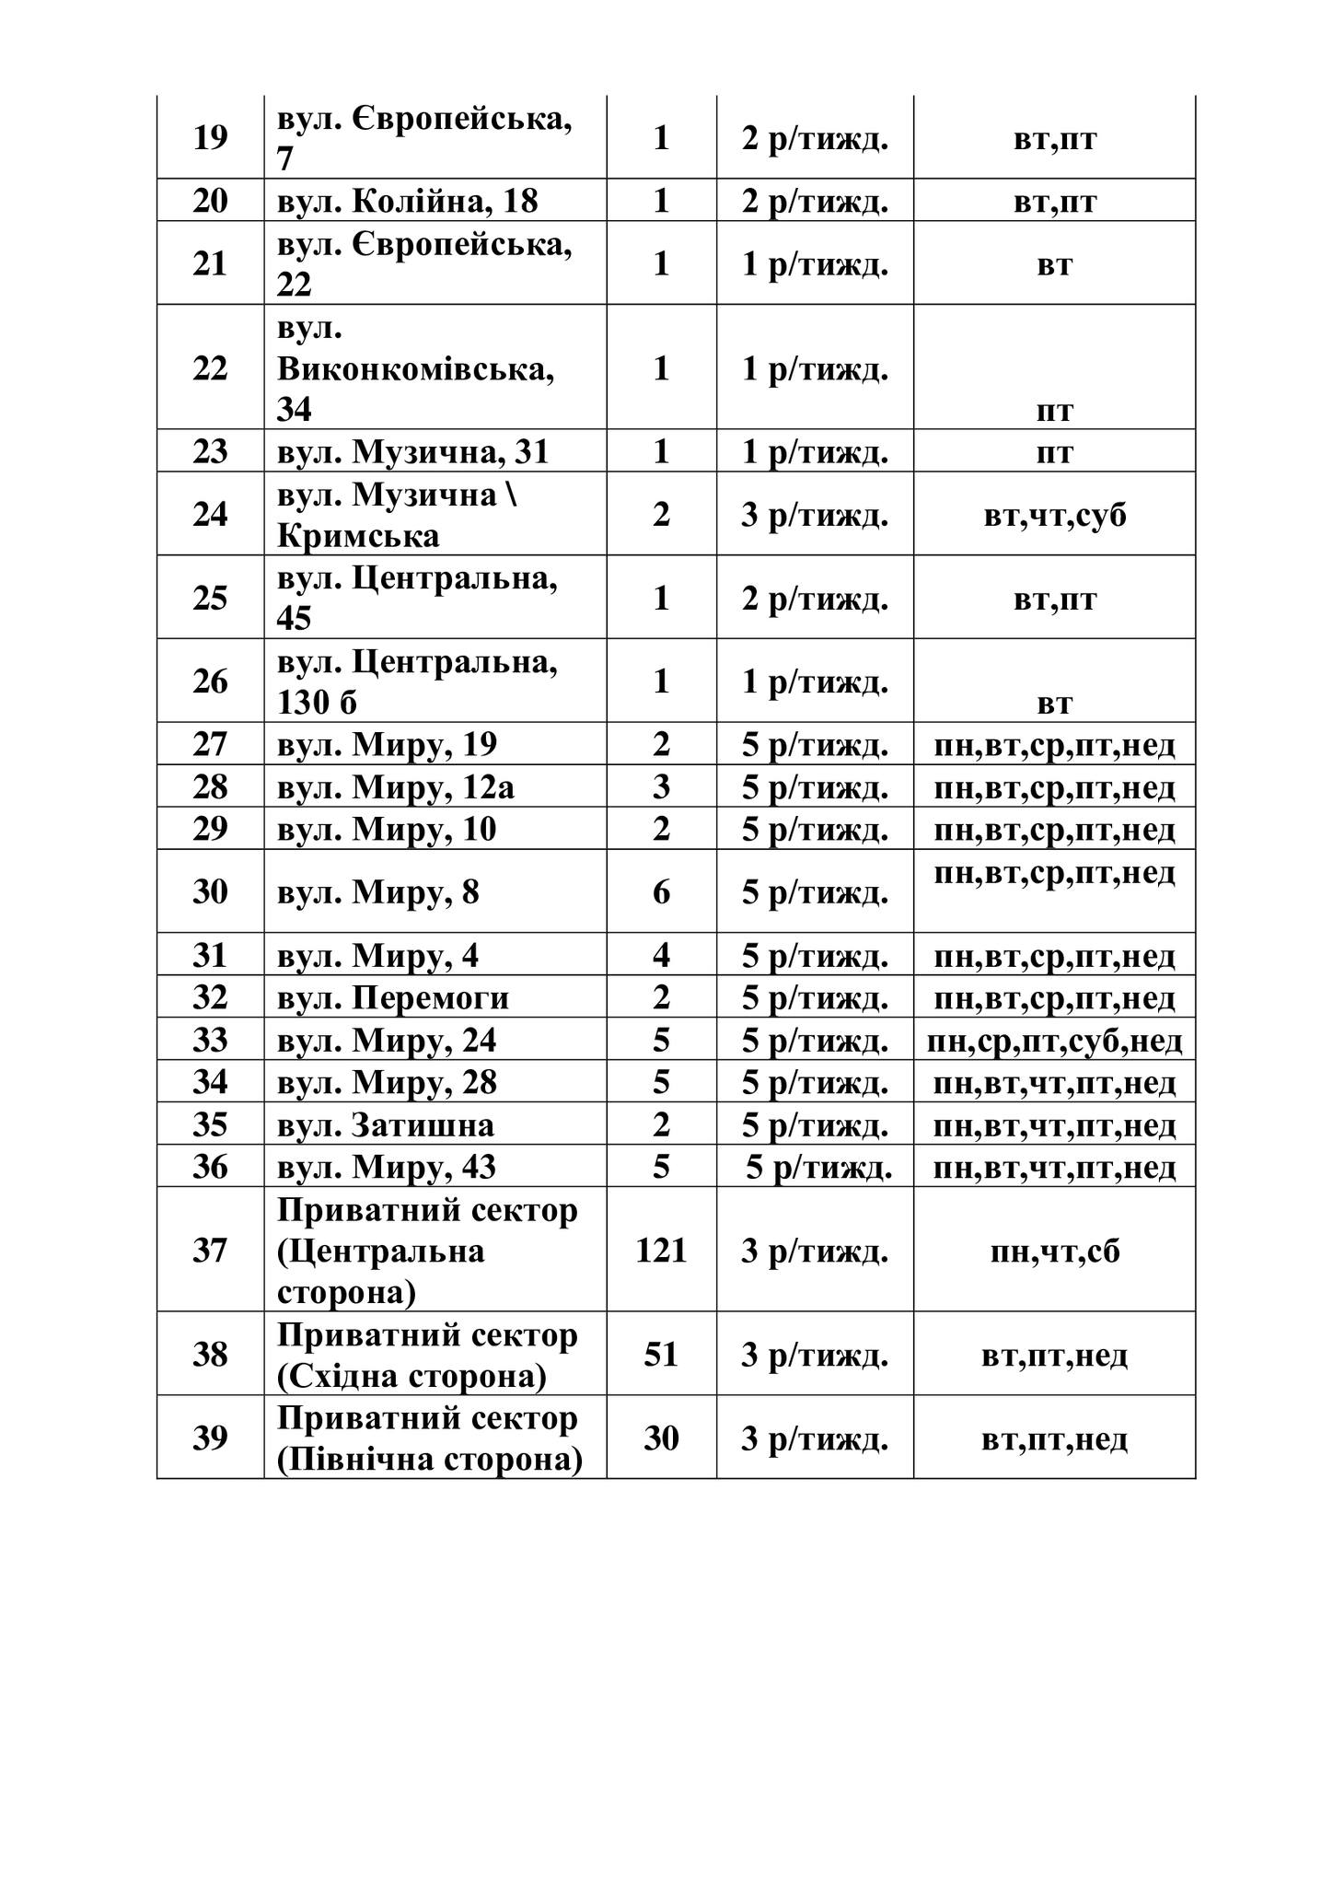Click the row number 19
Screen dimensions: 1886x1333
(x=210, y=138)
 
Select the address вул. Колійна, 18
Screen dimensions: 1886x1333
(x=407, y=201)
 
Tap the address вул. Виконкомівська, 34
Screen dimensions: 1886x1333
(x=416, y=368)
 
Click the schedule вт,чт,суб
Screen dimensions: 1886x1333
(x=1054, y=514)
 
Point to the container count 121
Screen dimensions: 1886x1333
(x=661, y=1250)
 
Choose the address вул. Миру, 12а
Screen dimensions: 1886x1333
(x=396, y=787)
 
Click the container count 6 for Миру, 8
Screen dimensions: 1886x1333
(x=661, y=891)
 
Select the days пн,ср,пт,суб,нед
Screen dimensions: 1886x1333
(x=1054, y=1041)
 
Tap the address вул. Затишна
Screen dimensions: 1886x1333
(x=386, y=1125)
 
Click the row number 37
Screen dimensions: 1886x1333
(x=210, y=1250)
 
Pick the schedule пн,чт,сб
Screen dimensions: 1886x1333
(x=1054, y=1251)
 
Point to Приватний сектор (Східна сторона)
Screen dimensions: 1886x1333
(x=427, y=1355)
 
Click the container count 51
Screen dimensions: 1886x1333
(x=661, y=1355)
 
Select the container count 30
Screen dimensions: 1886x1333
(x=661, y=1438)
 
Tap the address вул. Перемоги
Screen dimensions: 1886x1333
(x=393, y=998)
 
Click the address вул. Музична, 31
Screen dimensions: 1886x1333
(x=412, y=451)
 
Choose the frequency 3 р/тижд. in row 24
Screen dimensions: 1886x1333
(x=815, y=514)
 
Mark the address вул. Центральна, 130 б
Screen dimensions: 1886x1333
(x=417, y=681)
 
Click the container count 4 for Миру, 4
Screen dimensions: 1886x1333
(x=661, y=955)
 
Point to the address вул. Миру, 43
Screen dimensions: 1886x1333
(x=387, y=1168)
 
